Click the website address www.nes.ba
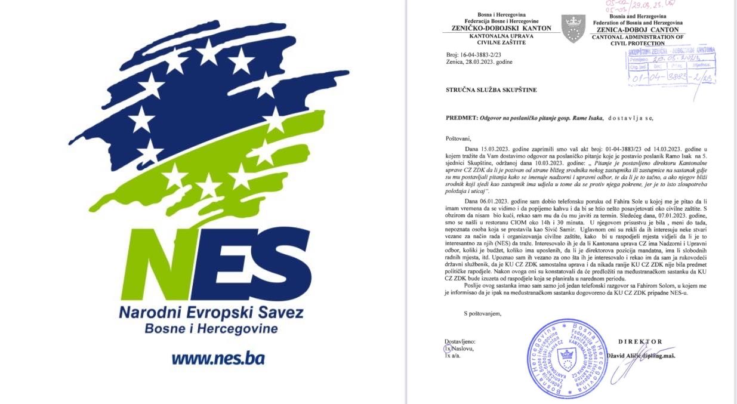coord(218,358)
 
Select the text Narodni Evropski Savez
coord(211,312)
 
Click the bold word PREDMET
coord(462,118)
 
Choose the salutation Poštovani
coord(458,138)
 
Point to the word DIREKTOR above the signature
coord(640,342)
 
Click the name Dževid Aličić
coord(627,356)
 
